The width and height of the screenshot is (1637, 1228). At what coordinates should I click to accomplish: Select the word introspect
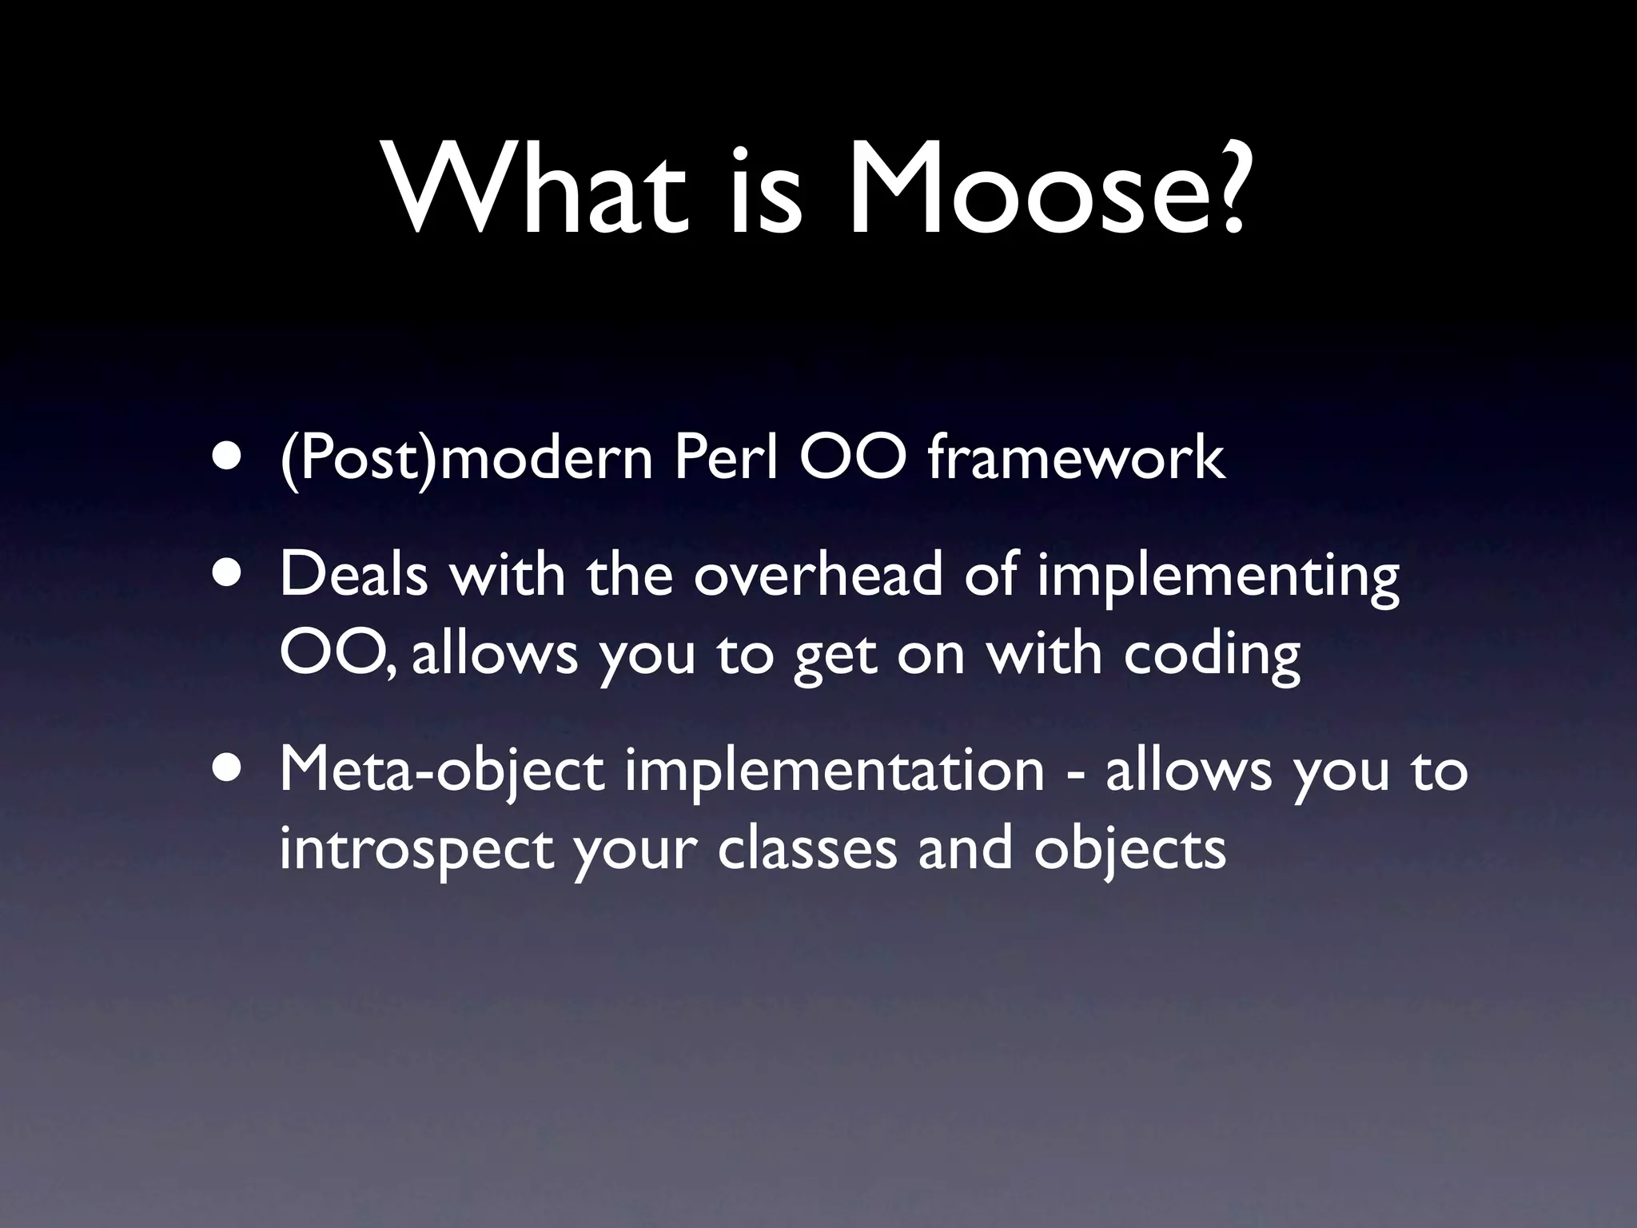416,851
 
